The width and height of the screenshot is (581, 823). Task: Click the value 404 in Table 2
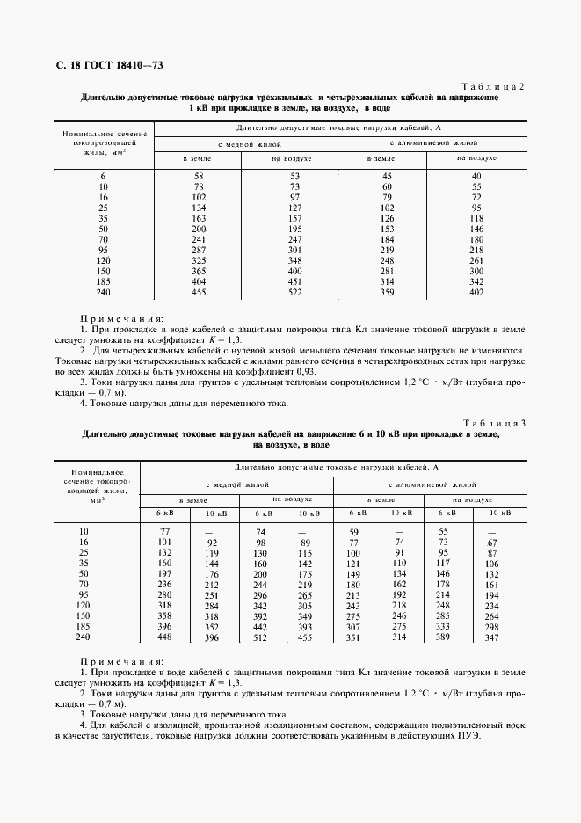click(199, 280)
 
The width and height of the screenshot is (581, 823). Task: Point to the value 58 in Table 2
click(199, 177)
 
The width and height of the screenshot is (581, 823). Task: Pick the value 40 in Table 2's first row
click(476, 177)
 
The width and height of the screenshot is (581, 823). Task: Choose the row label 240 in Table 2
click(104, 292)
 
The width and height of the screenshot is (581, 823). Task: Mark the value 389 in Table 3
click(443, 638)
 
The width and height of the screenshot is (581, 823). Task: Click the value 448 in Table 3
click(164, 638)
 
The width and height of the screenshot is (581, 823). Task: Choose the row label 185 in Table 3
click(84, 627)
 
